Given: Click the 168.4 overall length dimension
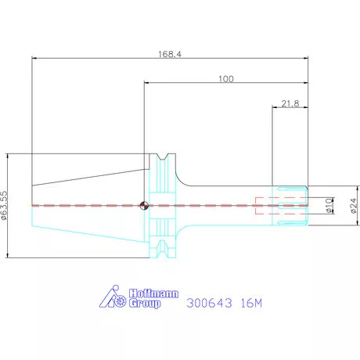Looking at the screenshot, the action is (x=170, y=54).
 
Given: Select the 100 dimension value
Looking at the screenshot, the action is (x=226, y=79).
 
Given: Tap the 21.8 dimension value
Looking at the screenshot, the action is (x=290, y=103).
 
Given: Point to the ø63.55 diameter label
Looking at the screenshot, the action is (x=4, y=206).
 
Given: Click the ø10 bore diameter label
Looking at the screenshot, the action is (x=329, y=206).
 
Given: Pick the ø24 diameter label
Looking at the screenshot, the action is (x=353, y=206).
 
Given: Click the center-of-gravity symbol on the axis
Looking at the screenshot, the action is (x=144, y=206).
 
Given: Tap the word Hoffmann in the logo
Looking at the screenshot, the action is (x=154, y=293).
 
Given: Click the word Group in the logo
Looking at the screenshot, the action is (x=145, y=304).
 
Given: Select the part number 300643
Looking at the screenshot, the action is (x=209, y=303).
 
